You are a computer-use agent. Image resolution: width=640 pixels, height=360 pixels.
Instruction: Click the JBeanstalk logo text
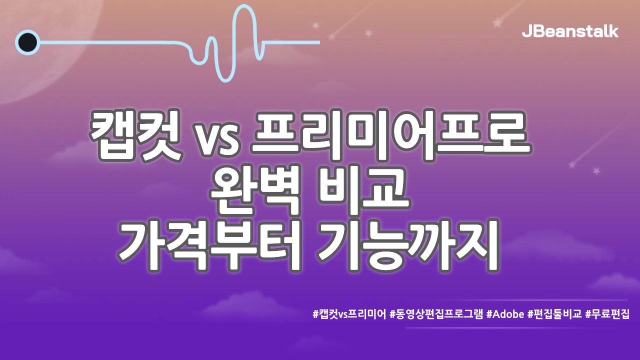[x=570, y=31]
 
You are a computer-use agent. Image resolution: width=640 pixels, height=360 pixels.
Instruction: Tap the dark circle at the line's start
[x=27, y=42]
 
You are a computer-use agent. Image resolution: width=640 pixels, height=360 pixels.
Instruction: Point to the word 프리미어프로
[x=390, y=134]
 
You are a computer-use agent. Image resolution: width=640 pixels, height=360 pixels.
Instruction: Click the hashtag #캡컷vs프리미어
[x=349, y=314]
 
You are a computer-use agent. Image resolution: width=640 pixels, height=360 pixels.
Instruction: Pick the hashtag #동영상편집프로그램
[x=436, y=314]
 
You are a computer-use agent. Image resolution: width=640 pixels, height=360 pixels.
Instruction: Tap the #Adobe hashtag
[x=505, y=314]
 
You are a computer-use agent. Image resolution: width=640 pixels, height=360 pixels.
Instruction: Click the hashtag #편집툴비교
[x=554, y=314]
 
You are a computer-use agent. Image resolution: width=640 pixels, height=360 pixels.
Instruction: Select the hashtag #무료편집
[x=607, y=314]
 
